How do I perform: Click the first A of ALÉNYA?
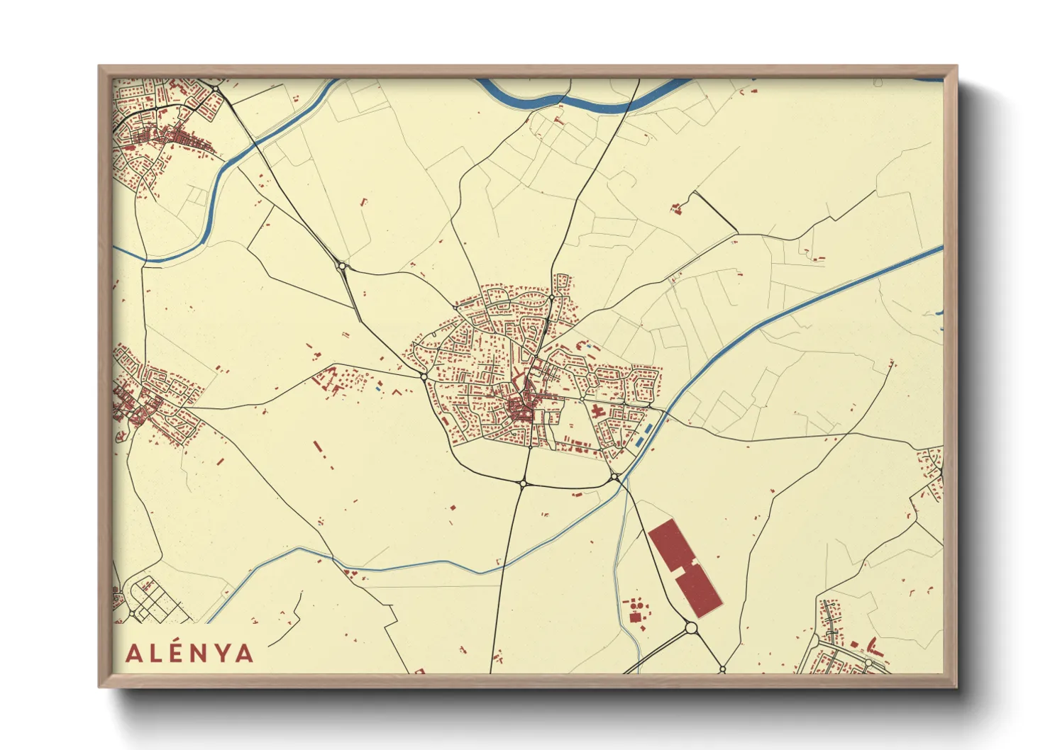(133, 654)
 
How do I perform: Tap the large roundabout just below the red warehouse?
(691, 627)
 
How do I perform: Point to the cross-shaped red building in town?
(595, 410)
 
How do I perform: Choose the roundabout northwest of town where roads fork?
(343, 267)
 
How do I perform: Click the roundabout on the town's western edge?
(424, 376)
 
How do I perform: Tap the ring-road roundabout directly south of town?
(523, 483)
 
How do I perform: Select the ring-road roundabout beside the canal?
(614, 478)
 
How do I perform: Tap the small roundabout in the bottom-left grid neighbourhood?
(131, 613)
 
